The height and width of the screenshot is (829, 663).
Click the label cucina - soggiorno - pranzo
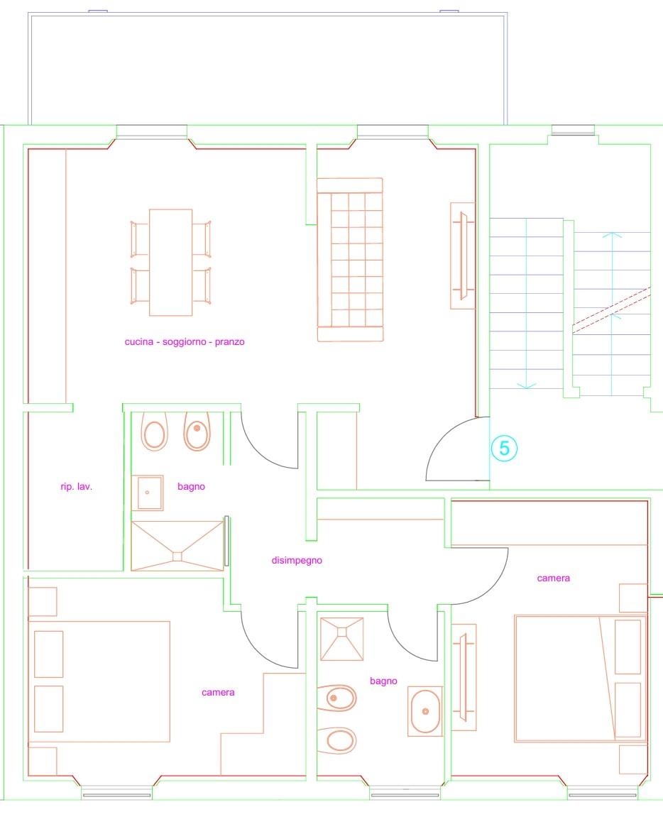coord(185,342)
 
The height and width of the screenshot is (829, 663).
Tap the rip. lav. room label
coord(76,486)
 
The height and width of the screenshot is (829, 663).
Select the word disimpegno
coord(297,561)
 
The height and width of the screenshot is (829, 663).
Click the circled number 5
coord(504,449)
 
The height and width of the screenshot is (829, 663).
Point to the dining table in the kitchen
coord(170,262)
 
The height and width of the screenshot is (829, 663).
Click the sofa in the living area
coord(350,260)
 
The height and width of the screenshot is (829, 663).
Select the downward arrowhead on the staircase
coord(526,386)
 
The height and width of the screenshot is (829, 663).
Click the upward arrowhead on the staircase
coord(612,234)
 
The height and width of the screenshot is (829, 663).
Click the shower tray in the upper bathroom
coord(177,546)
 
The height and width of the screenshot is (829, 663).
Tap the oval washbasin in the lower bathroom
coord(425,711)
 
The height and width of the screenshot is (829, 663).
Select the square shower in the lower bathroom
coord(341,639)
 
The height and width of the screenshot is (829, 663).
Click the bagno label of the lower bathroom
coord(383,681)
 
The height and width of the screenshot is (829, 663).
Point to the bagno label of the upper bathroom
coord(191,486)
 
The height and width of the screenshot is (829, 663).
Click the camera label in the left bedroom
coord(218,693)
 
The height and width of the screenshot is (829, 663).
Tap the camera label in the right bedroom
coord(553,578)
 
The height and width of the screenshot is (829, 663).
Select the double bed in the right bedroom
coord(580,679)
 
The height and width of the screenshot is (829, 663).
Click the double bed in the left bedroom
coord(99,681)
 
